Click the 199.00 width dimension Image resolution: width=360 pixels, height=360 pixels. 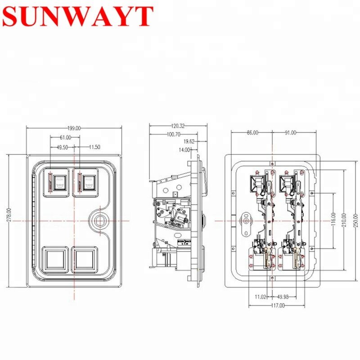[x=74, y=128]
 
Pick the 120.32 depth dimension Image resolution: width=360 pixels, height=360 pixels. [x=176, y=126]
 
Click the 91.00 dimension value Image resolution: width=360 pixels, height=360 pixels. [x=291, y=132]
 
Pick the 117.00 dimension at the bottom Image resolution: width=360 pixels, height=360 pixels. [x=278, y=306]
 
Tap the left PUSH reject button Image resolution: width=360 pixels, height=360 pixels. [x=58, y=182]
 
